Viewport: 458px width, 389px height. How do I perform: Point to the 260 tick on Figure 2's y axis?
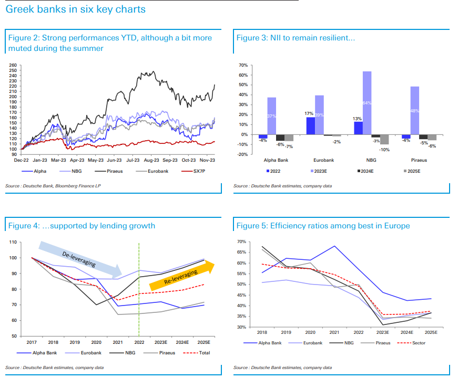click(13, 65)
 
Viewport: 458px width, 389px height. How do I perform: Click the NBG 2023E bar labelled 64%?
click(367, 103)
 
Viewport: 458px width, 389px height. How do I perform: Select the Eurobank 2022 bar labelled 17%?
click(311, 125)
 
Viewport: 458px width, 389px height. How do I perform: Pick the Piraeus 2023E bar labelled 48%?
click(415, 110)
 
